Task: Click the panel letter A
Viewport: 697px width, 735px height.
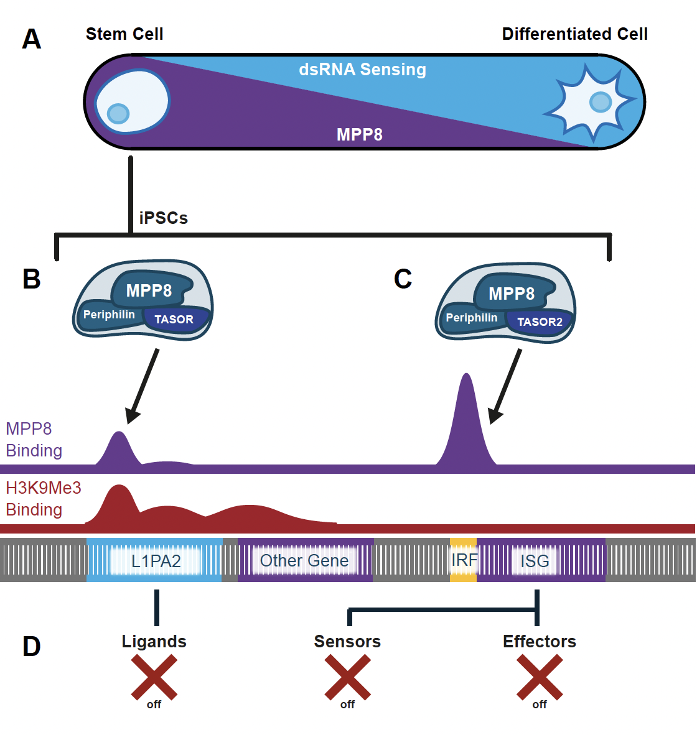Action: coord(31,39)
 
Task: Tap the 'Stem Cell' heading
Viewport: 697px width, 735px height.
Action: coord(124,34)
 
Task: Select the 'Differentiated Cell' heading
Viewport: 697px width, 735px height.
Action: coord(574,34)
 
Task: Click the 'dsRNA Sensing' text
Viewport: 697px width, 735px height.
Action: coord(363,70)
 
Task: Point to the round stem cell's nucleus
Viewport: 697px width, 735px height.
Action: coord(118,113)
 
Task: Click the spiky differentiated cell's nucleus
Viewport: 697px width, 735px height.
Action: coord(601,102)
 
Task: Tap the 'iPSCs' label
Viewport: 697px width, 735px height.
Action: coord(163,218)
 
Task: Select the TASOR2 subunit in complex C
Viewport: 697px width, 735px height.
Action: coord(540,322)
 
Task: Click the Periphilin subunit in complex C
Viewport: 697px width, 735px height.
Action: coord(471,318)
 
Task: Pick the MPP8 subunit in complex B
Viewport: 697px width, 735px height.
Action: coord(150,290)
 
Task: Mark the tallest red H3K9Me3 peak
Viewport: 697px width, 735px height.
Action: coord(119,502)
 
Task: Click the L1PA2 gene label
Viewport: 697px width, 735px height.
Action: coord(156,561)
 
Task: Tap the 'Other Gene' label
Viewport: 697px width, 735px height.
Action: coord(304,561)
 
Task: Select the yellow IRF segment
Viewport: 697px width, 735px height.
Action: coord(464,560)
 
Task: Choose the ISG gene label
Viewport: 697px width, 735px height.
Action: coord(535,561)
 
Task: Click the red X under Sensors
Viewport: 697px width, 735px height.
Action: coord(347,677)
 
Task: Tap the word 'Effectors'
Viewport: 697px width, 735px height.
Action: coord(540,642)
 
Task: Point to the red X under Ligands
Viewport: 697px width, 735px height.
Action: coord(154,677)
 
